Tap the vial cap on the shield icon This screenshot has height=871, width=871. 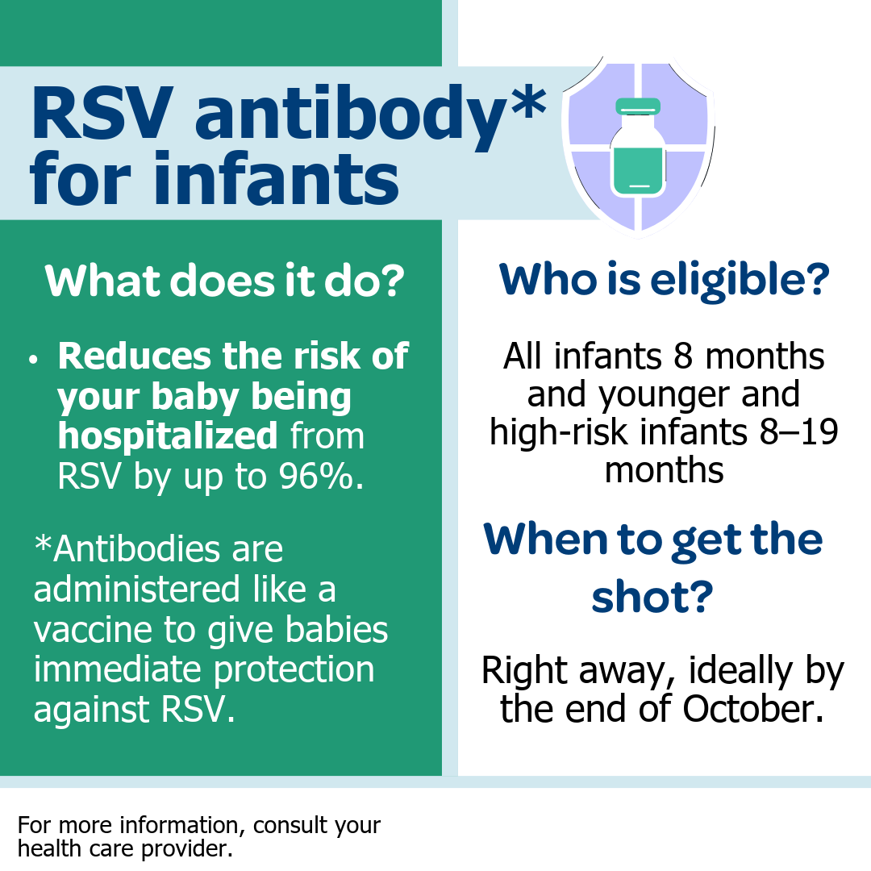pyautogui.click(x=638, y=106)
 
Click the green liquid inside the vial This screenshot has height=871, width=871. pyautogui.click(x=638, y=170)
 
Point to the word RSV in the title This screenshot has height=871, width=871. pyautogui.click(x=100, y=113)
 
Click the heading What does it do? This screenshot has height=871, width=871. pyautogui.click(x=224, y=281)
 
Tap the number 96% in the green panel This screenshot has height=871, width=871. pyautogui.click(x=321, y=476)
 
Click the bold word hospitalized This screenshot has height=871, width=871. pyautogui.click(x=167, y=435)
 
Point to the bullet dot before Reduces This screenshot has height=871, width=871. pyautogui.click(x=33, y=360)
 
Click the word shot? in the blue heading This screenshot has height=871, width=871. pyautogui.click(x=652, y=597)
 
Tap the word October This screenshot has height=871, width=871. pyautogui.click(x=753, y=709)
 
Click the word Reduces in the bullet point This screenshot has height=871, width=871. pyautogui.click(x=135, y=356)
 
